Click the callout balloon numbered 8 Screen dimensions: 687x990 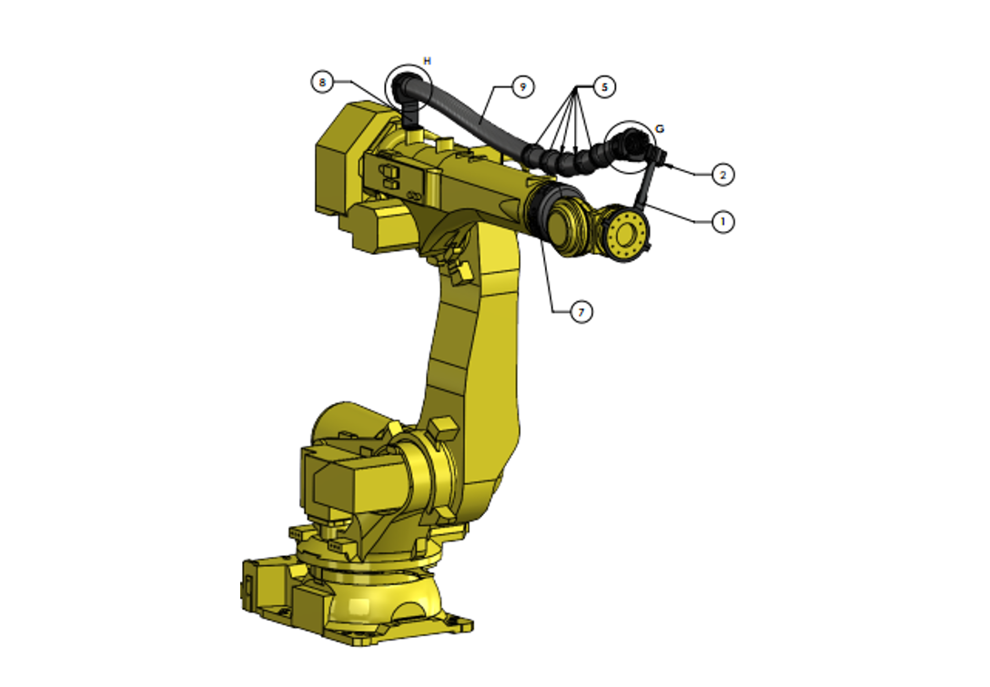click(321, 82)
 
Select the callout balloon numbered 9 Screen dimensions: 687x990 click(522, 86)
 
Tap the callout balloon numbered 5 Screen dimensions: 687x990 click(604, 86)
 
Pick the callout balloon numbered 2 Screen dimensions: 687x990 click(722, 174)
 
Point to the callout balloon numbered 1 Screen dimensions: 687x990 click(722, 221)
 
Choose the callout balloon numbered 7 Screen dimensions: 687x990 click(582, 312)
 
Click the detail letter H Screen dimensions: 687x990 click(427, 61)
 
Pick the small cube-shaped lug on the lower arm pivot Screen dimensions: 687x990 click(445, 426)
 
